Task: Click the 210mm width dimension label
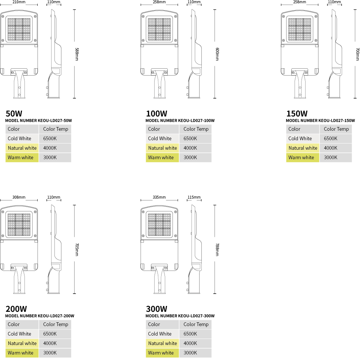click(19, 2)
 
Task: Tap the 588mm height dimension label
click(77, 54)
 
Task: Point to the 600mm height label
click(217, 54)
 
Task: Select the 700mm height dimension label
click(357, 54)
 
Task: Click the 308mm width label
click(19, 197)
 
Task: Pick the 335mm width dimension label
click(159, 197)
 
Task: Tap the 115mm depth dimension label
click(194, 197)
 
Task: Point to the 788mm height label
click(217, 250)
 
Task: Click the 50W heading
click(14, 114)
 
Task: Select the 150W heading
click(297, 114)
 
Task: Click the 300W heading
click(156, 309)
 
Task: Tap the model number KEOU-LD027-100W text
click(180, 120)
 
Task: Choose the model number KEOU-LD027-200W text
click(40, 316)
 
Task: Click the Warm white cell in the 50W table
click(22, 157)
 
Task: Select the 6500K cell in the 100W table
click(196, 138)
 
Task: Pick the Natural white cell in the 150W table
click(303, 148)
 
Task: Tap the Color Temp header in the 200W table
click(55, 325)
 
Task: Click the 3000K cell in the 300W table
click(196, 353)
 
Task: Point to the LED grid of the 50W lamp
click(19, 29)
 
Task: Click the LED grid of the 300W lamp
click(159, 225)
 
